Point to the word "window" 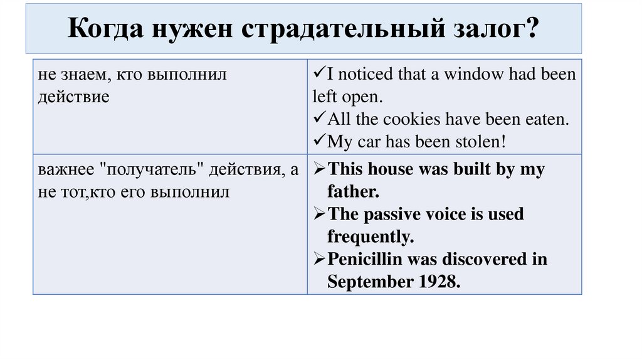473,75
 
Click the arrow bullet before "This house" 319,169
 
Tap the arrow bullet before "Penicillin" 319,260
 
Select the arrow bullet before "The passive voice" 319,214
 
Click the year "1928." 437,282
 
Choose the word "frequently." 371,237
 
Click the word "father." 353,191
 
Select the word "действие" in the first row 73,97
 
